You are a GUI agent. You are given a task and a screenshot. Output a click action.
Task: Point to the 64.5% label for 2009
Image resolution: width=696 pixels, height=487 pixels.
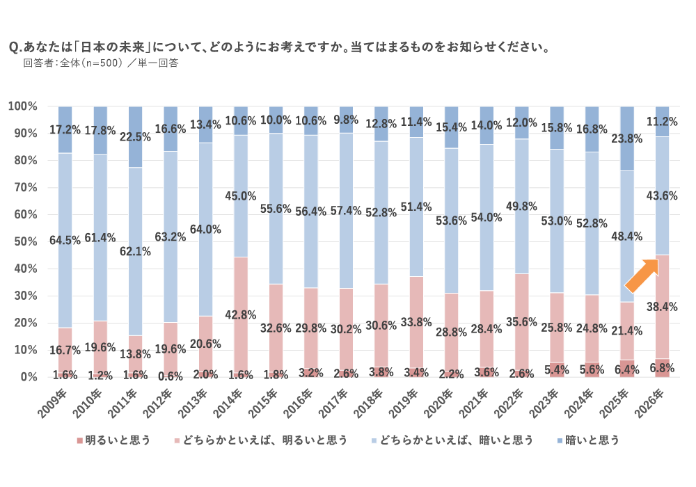pyautogui.click(x=64, y=241)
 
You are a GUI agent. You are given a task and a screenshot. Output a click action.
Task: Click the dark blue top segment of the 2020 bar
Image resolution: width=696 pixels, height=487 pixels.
pyautogui.click(x=452, y=127)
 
